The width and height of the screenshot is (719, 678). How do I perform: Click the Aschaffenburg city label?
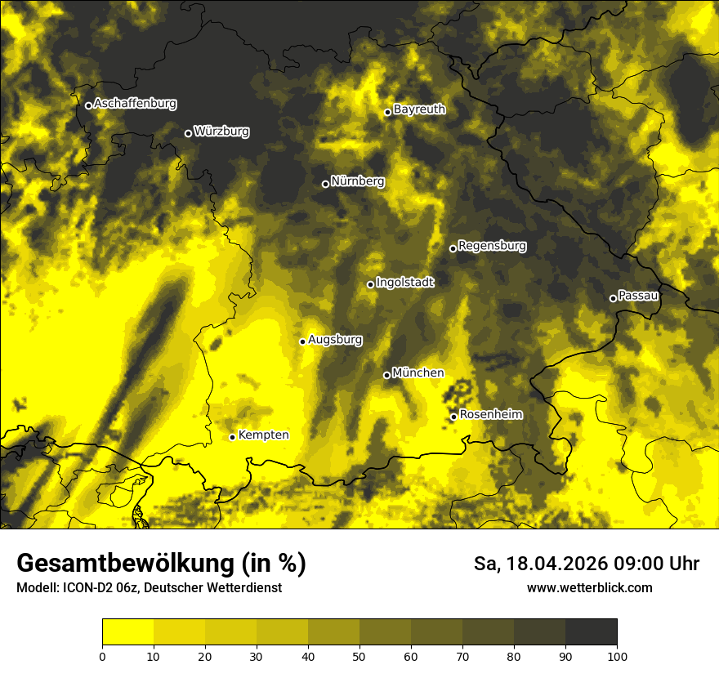pyautogui.click(x=135, y=104)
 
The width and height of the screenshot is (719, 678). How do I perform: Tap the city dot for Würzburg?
pyautogui.click(x=188, y=133)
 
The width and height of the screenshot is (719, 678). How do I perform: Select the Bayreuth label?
pyautogui.click(x=419, y=109)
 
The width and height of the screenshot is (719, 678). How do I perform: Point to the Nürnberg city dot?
pyautogui.click(x=325, y=184)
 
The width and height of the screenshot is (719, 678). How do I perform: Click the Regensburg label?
pyautogui.click(x=492, y=245)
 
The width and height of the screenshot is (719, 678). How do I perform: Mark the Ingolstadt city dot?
pyautogui.click(x=370, y=284)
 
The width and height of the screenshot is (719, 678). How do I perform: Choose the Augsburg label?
pyautogui.click(x=335, y=339)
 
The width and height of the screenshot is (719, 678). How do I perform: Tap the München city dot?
pyautogui.click(x=387, y=375)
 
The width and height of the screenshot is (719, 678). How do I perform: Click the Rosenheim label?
pyautogui.click(x=491, y=414)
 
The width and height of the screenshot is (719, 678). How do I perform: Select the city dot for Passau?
pyautogui.click(x=613, y=298)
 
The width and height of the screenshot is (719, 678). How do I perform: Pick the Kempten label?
pyautogui.click(x=263, y=435)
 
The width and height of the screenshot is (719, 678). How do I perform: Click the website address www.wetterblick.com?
pyautogui.click(x=590, y=587)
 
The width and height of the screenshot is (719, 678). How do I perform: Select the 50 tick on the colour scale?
pyautogui.click(x=359, y=656)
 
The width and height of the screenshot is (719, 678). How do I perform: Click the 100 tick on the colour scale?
pyautogui.click(x=617, y=656)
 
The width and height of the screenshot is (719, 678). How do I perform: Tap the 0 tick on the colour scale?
pyautogui.click(x=102, y=656)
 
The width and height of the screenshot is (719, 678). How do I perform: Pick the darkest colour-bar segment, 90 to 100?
pyautogui.click(x=591, y=632)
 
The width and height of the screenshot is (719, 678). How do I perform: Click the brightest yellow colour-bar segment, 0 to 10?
pyautogui.click(x=127, y=632)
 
